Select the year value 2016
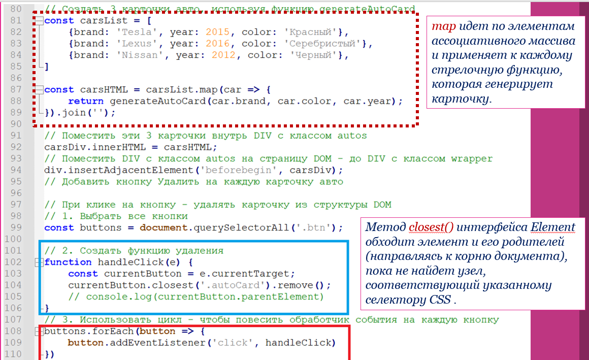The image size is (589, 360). [218, 44]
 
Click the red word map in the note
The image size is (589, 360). [442, 26]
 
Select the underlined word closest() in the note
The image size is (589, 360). [430, 226]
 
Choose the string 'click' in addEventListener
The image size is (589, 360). [235, 343]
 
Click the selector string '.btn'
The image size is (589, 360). [319, 227]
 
